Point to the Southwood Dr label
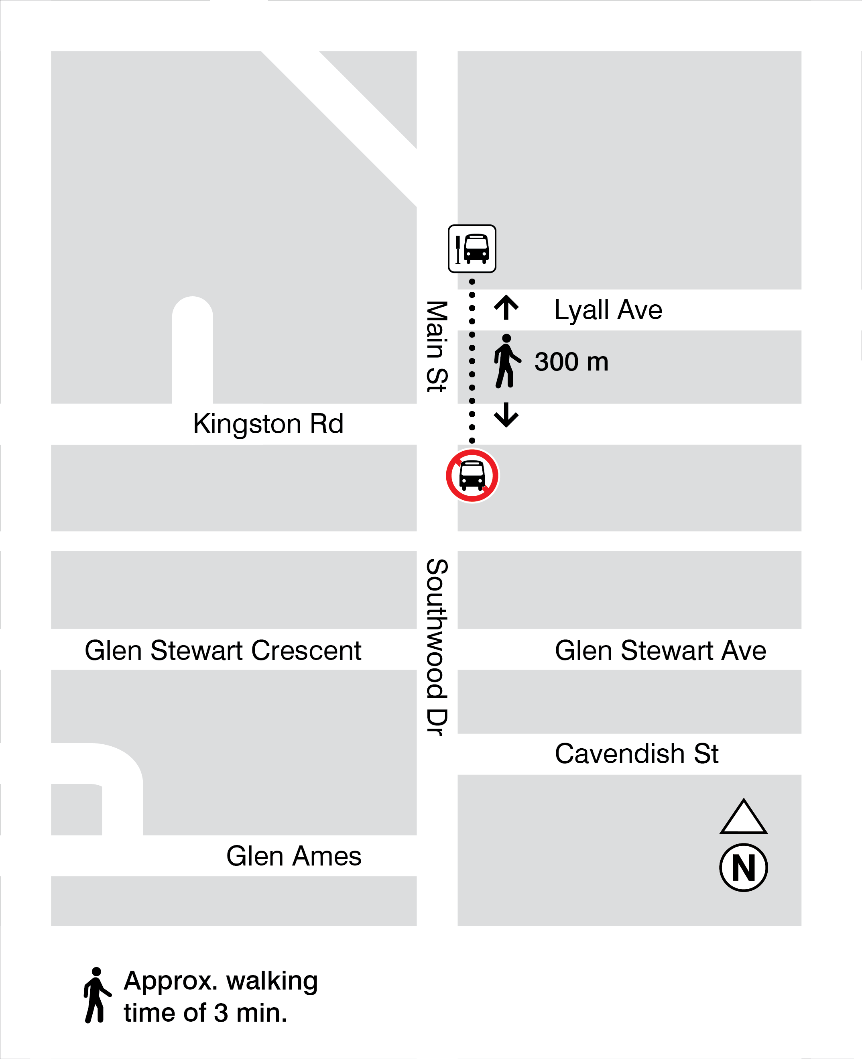coord(437,647)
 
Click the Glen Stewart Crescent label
coord(223,651)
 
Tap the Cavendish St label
coord(636,754)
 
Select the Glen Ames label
coord(293,856)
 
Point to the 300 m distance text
coord(571,362)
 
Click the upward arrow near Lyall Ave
coord(506,308)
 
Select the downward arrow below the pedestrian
coord(506,415)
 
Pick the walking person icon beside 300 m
coord(506,361)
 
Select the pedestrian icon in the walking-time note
coord(96,995)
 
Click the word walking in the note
coord(272,981)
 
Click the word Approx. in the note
coord(170,981)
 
